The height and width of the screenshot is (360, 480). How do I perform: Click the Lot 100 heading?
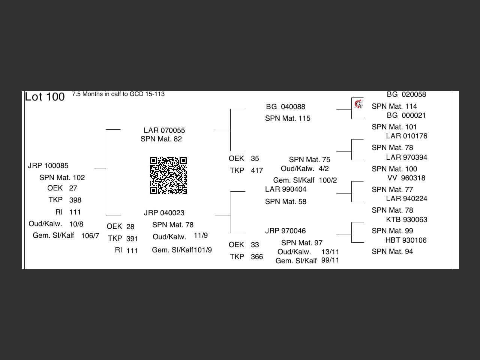45,97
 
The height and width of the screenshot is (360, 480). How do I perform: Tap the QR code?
168,175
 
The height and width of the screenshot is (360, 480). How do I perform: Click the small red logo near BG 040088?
359,103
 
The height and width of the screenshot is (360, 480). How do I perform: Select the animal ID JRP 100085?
48,166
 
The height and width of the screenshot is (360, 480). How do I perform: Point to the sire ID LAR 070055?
164,130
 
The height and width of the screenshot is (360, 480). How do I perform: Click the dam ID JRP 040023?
164,213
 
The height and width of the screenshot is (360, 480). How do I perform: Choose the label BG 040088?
285,107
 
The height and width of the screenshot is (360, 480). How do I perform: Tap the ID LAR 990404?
285,189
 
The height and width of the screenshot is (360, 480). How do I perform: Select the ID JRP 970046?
285,231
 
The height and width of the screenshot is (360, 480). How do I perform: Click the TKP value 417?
257,171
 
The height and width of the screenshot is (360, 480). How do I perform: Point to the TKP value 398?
75,200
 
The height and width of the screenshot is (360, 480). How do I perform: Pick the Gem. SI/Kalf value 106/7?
90,236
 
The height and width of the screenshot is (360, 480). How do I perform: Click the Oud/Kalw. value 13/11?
330,252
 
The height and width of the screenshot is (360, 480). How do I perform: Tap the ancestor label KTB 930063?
406,220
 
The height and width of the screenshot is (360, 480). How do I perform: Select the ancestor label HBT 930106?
406,240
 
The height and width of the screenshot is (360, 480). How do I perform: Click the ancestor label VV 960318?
406,178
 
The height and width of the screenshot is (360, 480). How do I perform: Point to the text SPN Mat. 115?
288,118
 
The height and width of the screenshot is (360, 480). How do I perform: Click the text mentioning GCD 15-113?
118,94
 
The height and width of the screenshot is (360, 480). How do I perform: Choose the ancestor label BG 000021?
406,115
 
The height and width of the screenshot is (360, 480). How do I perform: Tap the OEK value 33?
255,245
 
